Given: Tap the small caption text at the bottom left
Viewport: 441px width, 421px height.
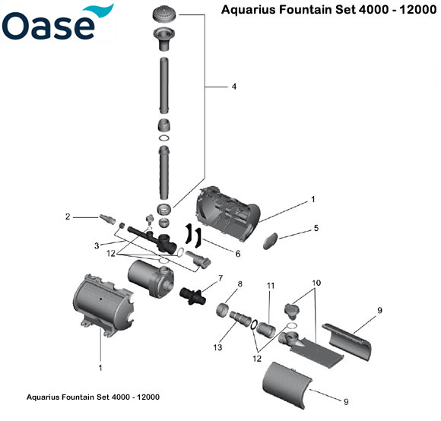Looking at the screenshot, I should coord(93,397).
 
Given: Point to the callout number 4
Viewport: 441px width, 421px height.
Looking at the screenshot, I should coord(233,87).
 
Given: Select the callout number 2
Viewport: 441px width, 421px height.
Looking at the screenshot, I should coord(68,217).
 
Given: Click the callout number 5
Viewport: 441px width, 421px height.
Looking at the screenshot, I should coord(316,228).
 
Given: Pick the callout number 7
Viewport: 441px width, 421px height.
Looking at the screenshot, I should coord(220,278).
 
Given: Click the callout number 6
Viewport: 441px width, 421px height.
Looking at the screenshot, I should coord(237,254).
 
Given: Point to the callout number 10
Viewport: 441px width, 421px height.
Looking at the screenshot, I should coord(316,283).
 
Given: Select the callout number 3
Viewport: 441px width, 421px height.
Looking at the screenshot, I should coord(97,245).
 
